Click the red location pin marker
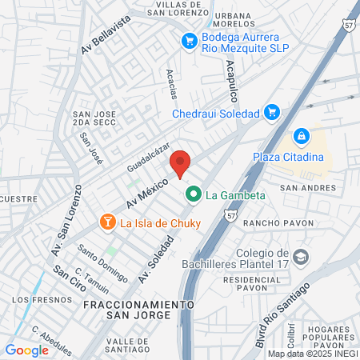coord(180,163)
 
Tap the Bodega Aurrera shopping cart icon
coord(190,39)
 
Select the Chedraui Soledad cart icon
coord(271,112)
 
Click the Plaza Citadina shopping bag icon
coord(302,138)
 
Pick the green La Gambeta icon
coord(194,194)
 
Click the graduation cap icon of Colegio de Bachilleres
coord(300,257)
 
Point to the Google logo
coord(26,350)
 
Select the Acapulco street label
coord(232,82)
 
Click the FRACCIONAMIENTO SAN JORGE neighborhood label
coord(139,310)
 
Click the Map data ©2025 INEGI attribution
coord(312,354)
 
